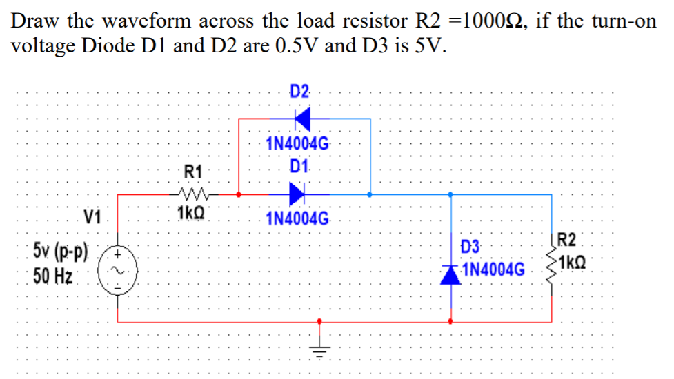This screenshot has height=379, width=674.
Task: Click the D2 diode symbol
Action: point(301,119)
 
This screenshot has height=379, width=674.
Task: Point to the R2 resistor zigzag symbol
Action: point(551,263)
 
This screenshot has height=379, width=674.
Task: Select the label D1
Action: point(298,166)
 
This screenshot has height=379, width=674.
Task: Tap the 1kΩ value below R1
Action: point(190,214)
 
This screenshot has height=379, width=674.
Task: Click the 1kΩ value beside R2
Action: point(576,263)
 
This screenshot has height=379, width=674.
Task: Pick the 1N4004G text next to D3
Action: point(494,267)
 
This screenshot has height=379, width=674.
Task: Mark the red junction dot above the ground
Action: point(318,321)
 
